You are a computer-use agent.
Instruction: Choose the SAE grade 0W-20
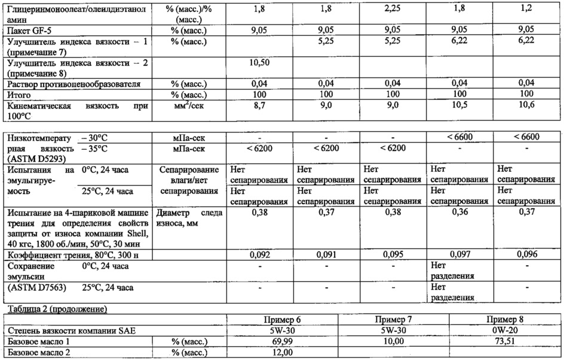(x=502, y=330)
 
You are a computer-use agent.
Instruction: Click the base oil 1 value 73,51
(x=502, y=341)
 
